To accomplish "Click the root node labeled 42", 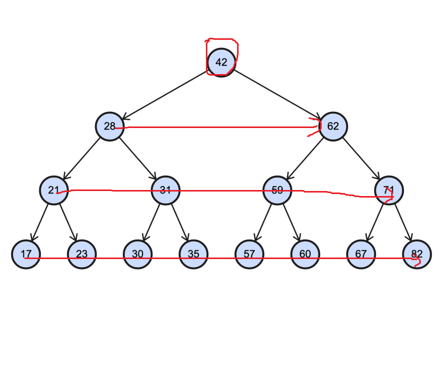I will [x=221, y=62].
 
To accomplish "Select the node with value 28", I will [x=110, y=126].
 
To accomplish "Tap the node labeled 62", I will [x=333, y=126].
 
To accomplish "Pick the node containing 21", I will [x=54, y=191].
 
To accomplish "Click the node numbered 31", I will [x=166, y=191].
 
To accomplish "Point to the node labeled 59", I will [x=277, y=191].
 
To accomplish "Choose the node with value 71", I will [x=389, y=191].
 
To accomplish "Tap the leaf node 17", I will [x=26, y=254].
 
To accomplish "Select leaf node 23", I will [x=82, y=254].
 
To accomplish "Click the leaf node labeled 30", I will [x=138, y=254].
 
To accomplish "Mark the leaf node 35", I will [x=194, y=254].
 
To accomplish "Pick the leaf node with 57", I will [x=250, y=254].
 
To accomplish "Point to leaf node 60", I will [x=305, y=254].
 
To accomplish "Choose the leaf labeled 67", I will [x=361, y=254].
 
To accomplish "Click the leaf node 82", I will [x=417, y=254].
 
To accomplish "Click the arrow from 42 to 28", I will [x=166, y=94].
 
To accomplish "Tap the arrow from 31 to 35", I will [x=180, y=222].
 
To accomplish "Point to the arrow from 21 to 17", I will [x=40, y=222].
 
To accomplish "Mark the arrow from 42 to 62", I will [x=277, y=94].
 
